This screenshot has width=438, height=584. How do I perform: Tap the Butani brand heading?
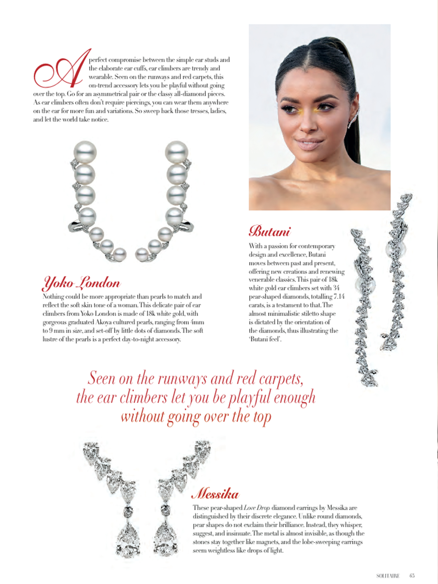[269, 231]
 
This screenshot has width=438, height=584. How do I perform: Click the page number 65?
[412, 575]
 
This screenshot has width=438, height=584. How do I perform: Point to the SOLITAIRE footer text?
[388, 576]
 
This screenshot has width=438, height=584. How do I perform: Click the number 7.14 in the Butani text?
[339, 296]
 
